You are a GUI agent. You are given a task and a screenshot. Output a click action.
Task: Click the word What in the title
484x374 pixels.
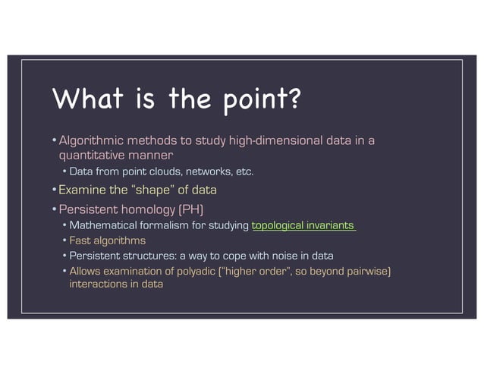pos(81,99)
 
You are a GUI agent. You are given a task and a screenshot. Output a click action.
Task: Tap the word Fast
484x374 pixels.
pos(79,240)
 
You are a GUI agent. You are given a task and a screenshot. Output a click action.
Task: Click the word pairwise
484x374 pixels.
pos(369,271)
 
